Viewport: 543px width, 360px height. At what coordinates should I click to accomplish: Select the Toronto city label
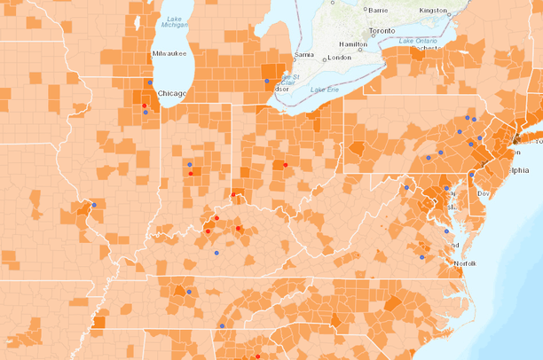click(381, 30)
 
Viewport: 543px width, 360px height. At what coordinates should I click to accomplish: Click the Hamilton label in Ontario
click(353, 43)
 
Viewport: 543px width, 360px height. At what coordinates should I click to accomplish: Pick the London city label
click(340, 58)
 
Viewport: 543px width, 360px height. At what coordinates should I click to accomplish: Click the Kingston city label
click(434, 10)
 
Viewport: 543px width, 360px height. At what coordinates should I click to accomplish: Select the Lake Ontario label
click(420, 41)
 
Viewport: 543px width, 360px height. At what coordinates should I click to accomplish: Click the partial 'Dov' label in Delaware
click(483, 192)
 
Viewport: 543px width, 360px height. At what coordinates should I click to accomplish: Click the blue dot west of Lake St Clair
click(267, 82)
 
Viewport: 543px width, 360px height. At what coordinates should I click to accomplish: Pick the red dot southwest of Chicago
click(144, 106)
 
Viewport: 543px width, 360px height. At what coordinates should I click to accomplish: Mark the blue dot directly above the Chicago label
click(150, 82)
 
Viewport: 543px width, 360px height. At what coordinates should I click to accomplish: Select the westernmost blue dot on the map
click(94, 205)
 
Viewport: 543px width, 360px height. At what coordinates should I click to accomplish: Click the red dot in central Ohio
click(285, 165)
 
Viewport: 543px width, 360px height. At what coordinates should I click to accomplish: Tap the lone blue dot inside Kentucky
click(216, 253)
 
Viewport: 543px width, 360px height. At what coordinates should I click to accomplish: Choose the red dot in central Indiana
click(191, 173)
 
